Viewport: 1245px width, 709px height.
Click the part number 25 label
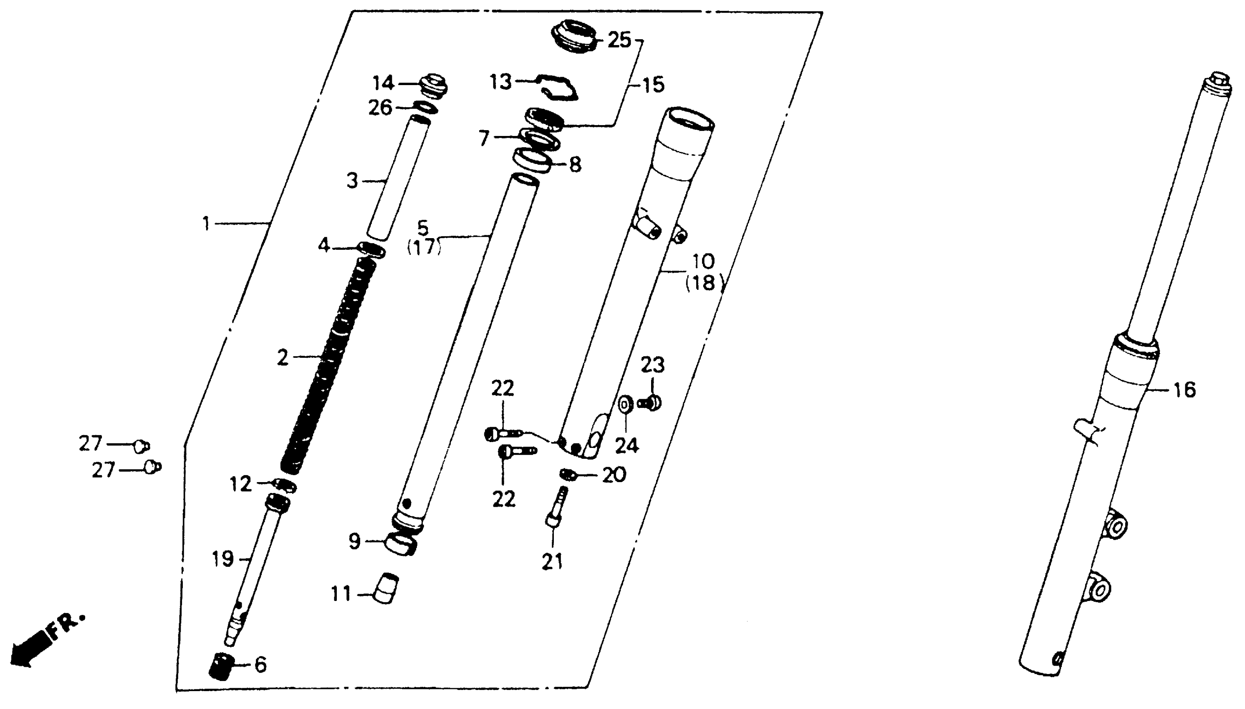tap(619, 40)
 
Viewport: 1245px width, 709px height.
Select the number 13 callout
tap(500, 82)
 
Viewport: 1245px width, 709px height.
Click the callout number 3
tap(352, 181)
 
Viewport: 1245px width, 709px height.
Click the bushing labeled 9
tap(401, 544)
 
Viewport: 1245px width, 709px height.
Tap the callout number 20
tap(614, 475)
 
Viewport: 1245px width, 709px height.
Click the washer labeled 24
tap(625, 405)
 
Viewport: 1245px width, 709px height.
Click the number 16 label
tap(1184, 390)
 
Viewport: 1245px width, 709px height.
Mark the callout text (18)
tap(703, 283)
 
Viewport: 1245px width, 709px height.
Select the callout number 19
tap(223, 560)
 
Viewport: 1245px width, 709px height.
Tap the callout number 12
tap(241, 484)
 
